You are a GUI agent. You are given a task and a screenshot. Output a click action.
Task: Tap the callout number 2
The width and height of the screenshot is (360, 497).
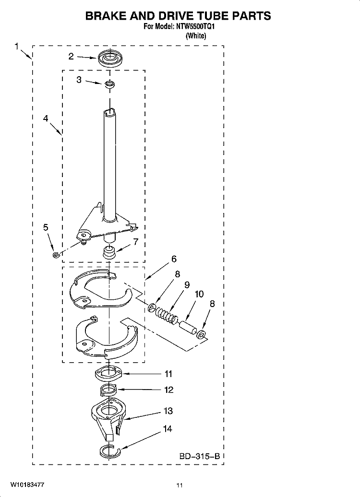tap(71, 57)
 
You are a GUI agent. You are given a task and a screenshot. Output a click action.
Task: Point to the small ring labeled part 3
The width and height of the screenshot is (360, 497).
tap(110, 84)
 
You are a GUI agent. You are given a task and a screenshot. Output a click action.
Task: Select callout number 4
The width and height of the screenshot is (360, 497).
tap(46, 119)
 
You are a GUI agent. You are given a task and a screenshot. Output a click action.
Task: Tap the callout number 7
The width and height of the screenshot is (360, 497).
tap(136, 242)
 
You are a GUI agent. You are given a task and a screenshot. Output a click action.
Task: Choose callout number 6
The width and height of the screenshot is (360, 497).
tap(174, 259)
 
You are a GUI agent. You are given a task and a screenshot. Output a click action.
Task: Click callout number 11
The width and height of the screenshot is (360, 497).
tap(168, 374)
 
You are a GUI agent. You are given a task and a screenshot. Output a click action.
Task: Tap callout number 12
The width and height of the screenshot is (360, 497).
tap(168, 390)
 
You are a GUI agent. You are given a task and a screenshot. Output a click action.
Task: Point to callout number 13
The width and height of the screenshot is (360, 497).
tap(168, 411)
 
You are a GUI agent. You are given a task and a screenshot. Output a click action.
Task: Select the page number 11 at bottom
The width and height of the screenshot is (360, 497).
tap(180, 485)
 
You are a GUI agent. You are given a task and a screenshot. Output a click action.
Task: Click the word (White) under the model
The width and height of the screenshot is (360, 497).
tap(196, 35)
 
